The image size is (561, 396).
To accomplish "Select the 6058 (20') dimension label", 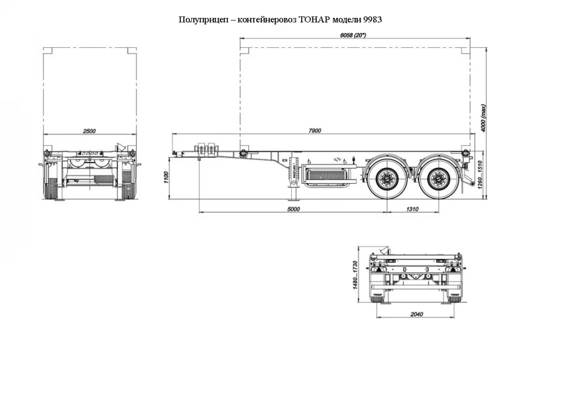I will click(353, 37).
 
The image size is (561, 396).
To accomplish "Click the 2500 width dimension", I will click(89, 131).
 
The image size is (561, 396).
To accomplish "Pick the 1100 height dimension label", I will click(166, 179).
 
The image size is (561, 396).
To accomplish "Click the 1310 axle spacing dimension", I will click(412, 209).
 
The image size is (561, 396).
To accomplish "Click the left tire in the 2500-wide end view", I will click(50, 187).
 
